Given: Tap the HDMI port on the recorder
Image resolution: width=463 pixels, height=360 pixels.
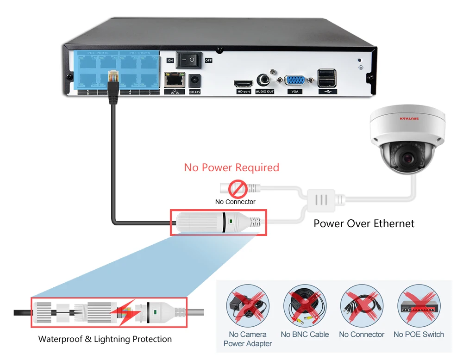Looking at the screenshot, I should (x=243, y=84).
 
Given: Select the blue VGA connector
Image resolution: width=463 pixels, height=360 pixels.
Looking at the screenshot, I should (x=294, y=81).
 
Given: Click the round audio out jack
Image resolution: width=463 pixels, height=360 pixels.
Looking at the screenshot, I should (x=264, y=80).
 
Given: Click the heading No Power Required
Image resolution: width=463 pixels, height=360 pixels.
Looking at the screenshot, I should (x=231, y=168).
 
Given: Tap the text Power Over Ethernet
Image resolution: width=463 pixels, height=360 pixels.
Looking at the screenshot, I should (x=364, y=223).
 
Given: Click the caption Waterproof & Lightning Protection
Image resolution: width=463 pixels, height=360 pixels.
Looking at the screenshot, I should (x=105, y=339).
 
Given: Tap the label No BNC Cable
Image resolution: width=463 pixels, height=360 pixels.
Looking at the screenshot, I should (x=305, y=335).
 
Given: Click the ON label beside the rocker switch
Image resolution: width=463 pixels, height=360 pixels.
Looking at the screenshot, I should (x=170, y=61).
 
